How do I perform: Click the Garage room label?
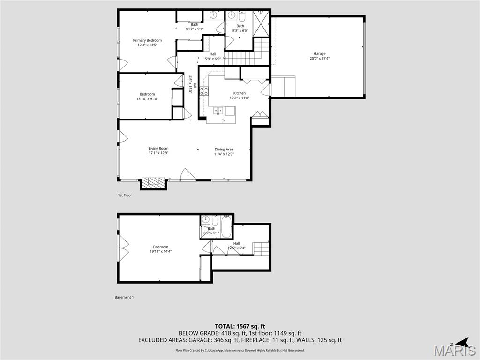(320, 53)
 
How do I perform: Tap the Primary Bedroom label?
(147, 40)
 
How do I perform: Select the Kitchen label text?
(240, 93)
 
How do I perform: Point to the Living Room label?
(158, 149)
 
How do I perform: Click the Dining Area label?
(224, 149)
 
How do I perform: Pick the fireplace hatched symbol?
(154, 183)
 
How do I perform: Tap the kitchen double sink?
(218, 111)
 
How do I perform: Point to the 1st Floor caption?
(125, 195)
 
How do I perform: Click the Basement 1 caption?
(124, 297)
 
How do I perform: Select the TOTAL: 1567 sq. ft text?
(240, 326)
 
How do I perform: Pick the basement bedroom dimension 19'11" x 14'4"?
(160, 252)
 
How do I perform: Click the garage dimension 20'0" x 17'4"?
(320, 59)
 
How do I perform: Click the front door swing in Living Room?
(188, 175)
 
